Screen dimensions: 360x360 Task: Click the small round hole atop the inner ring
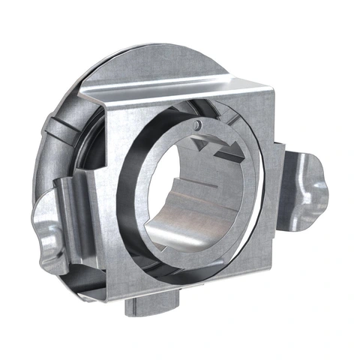[196, 123]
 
